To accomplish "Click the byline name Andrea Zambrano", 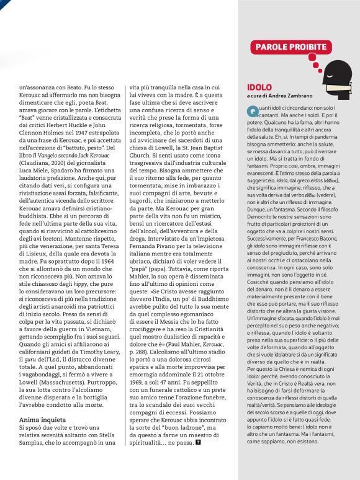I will pyautogui.click(x=290, y=96).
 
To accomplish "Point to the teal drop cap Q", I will pyautogui.click(x=251, y=111).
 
